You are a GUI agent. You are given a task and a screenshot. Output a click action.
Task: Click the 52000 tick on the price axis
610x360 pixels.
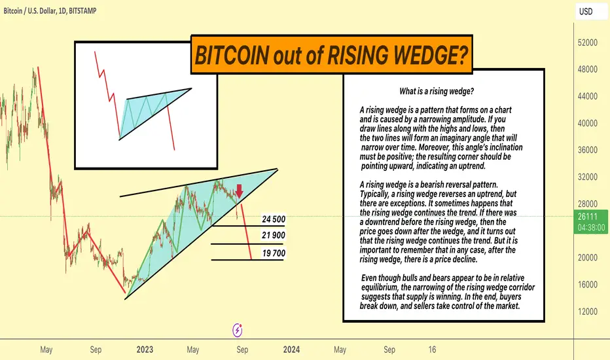(588, 43)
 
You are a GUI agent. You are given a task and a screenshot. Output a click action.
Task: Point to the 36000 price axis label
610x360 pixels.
(588, 151)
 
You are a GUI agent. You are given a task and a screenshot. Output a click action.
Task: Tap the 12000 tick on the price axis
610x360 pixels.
(588, 312)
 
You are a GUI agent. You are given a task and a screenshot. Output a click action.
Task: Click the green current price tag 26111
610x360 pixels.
(590, 222)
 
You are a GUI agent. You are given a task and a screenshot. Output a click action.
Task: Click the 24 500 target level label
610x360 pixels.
(274, 219)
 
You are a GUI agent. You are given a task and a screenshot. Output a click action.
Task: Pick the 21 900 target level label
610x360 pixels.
(274, 236)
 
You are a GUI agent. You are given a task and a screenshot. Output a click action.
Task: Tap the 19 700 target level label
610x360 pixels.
(274, 253)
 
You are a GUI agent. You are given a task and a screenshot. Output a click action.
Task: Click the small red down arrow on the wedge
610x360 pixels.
(240, 191)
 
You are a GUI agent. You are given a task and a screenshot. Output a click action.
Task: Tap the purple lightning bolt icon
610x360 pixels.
(238, 331)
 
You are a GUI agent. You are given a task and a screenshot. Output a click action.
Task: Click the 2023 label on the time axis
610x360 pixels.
(145, 350)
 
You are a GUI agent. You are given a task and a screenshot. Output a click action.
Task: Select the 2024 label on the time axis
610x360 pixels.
(291, 350)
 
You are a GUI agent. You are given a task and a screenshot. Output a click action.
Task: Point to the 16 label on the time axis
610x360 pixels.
(432, 350)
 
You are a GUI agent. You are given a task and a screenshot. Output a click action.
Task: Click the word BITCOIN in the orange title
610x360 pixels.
(232, 55)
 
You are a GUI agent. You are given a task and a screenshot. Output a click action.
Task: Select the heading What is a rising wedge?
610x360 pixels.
(437, 92)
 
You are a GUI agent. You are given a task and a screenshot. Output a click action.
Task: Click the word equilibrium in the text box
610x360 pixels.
(380, 287)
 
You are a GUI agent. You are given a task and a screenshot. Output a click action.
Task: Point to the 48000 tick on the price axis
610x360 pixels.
(588, 69)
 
